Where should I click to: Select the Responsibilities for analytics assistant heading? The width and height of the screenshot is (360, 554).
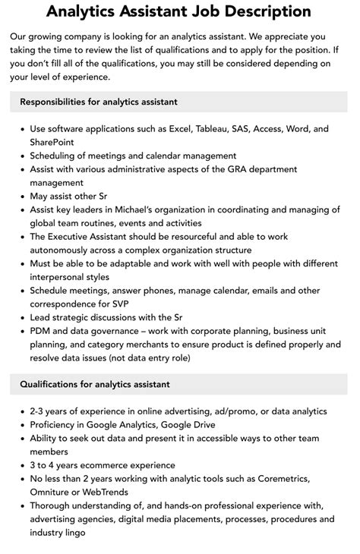tap(99, 102)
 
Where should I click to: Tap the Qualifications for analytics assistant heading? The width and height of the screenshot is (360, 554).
tap(95, 385)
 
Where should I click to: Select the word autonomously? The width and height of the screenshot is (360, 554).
tap(67, 250)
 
